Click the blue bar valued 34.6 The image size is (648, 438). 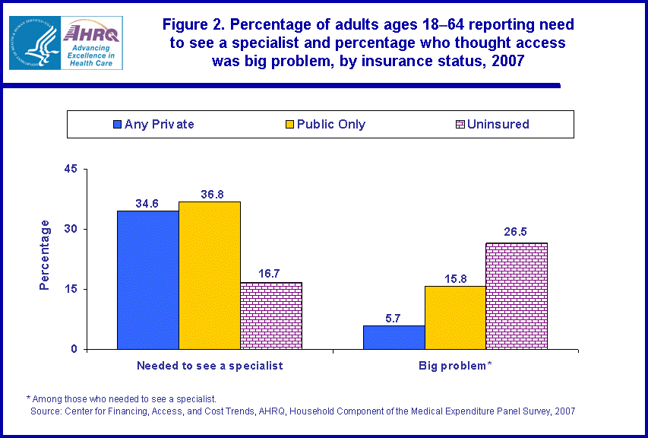[x=147, y=280]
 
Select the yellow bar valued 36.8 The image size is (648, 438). [x=209, y=275]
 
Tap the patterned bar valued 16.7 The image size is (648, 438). [x=270, y=316]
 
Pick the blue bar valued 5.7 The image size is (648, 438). [x=394, y=338]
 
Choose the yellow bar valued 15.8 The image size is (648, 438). [x=455, y=318]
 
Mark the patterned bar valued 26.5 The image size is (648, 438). [x=517, y=296]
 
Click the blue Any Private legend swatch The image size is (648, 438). [x=117, y=124]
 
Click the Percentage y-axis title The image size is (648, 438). [x=45, y=255]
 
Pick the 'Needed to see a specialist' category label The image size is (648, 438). [x=210, y=366]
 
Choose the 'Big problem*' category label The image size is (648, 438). [x=455, y=366]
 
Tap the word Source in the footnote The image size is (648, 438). [x=46, y=411]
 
